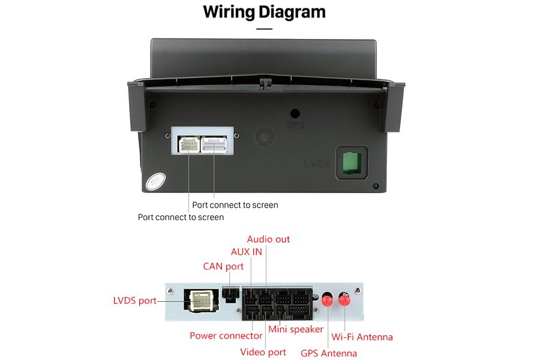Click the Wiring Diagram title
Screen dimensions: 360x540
(264, 11)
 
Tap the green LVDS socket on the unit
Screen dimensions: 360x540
(351, 163)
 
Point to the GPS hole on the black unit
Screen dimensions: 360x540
(295, 113)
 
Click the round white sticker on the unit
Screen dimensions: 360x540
(154, 181)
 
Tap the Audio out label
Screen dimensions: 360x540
(268, 239)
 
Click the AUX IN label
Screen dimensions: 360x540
(246, 252)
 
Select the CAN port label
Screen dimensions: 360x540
(223, 266)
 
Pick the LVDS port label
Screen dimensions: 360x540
(134, 301)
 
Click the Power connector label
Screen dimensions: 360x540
(226, 335)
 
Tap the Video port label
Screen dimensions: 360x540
(263, 352)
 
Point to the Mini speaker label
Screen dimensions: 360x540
(296, 329)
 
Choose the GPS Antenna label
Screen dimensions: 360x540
(329, 353)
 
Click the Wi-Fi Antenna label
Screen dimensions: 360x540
(362, 337)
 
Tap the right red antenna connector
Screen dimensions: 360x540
(345, 298)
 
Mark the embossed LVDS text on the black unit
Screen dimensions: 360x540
(317, 163)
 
